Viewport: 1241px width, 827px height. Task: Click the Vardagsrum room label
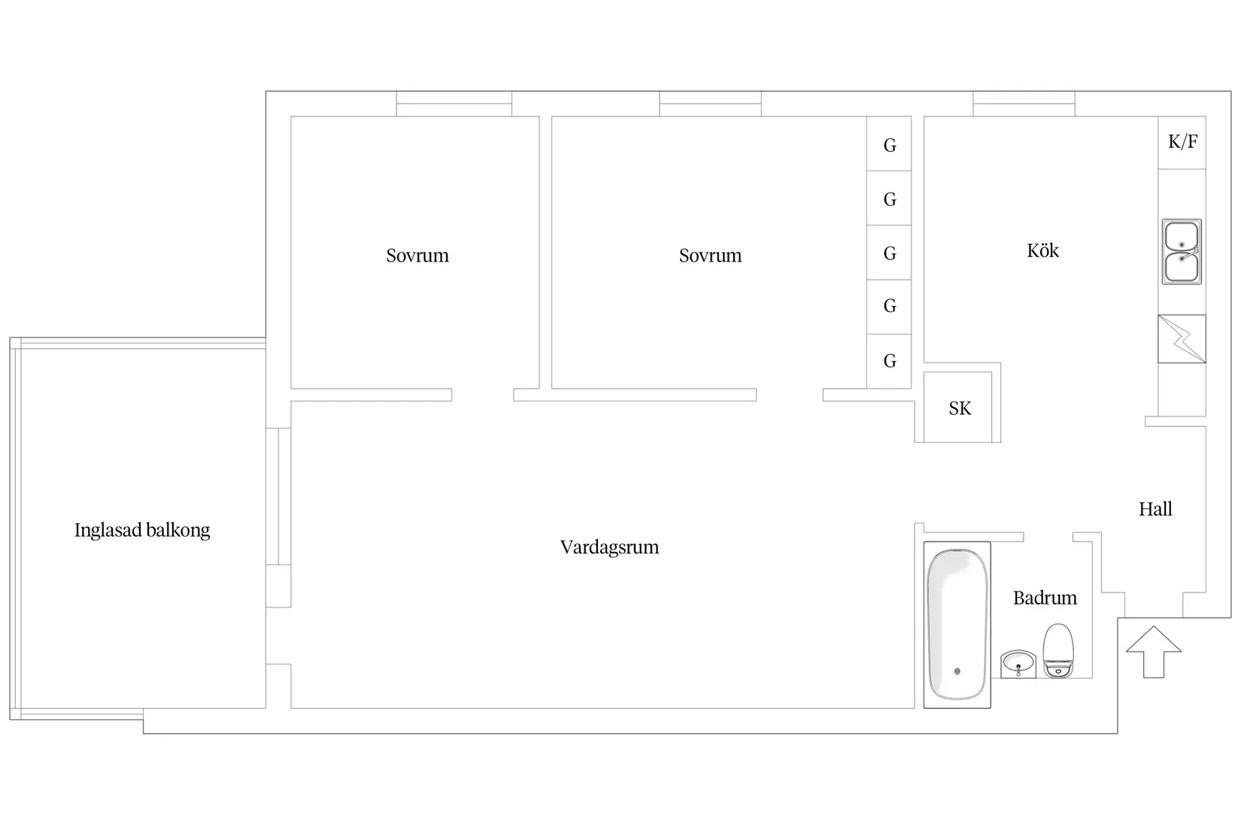pos(609,547)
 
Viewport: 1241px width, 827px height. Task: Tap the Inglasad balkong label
pos(142,531)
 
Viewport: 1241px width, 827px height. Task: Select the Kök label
pos(1042,250)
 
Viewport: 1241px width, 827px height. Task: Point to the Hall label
pos(1155,509)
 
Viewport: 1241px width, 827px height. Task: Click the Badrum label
pos(1045,598)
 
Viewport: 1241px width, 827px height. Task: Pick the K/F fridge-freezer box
pos(1182,142)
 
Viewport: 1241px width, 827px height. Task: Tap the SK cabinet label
pos(960,408)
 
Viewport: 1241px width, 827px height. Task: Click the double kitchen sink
pos(1182,252)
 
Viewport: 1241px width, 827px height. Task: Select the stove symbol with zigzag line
pos(1182,339)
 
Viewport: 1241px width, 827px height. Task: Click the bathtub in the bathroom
pos(957,625)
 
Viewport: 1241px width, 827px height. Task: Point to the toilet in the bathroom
pos(1058,651)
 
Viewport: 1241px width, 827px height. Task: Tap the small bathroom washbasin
pos(1018,664)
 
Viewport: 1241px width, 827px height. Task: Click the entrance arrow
pos(1154,652)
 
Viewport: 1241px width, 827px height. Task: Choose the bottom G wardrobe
pos(889,361)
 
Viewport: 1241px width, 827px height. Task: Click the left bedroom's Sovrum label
pos(417,256)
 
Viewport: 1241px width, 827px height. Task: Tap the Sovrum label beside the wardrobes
pos(710,256)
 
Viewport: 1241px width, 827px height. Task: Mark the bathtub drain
pos(957,671)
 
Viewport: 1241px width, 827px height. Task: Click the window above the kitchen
pos(1024,104)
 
